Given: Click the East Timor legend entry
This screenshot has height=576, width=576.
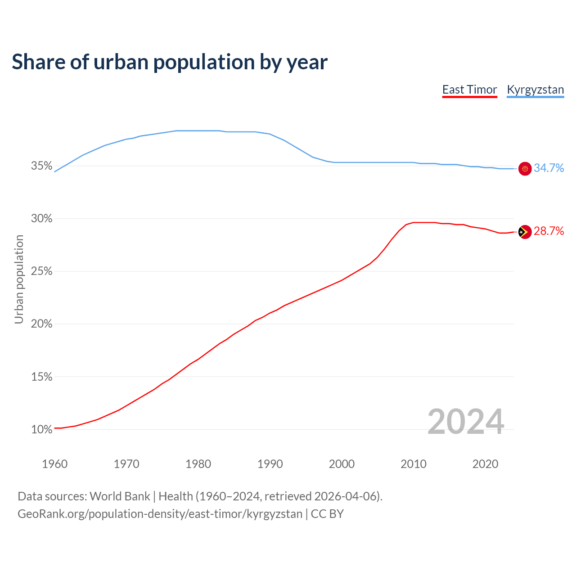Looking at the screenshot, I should click(469, 90).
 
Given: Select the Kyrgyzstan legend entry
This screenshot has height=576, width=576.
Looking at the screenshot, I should click(535, 90).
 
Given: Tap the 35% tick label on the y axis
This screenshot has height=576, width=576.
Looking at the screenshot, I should click(42, 166).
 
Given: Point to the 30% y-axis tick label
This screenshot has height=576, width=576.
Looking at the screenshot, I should click(42, 219).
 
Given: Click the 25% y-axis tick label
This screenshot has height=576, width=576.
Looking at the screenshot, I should click(42, 271).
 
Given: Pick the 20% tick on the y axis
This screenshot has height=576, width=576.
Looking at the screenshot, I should click(42, 324).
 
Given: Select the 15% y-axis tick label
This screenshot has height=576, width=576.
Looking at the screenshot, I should click(42, 377).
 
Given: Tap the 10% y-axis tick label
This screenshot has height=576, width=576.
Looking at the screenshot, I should click(42, 429).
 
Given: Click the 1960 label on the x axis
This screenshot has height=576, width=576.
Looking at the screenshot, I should click(54, 464).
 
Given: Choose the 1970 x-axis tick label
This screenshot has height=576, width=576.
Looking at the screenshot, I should click(126, 464).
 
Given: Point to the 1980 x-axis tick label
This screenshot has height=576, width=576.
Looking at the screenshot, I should click(198, 464).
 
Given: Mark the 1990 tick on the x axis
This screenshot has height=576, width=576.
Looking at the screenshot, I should click(270, 464).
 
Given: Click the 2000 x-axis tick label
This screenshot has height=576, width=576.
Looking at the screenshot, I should click(342, 464).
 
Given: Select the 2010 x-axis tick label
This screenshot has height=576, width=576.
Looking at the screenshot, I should click(414, 464).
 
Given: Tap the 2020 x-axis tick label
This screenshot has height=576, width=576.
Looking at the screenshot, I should click(485, 464).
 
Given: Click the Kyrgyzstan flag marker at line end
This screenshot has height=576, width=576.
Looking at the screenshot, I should click(525, 169).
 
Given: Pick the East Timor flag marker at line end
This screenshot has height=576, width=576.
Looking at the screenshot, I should click(525, 232).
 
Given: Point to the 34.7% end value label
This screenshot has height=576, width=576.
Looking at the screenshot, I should click(549, 168).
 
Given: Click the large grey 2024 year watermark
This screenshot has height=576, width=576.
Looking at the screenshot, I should click(466, 422).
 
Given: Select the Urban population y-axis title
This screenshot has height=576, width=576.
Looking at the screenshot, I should click(19, 279).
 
